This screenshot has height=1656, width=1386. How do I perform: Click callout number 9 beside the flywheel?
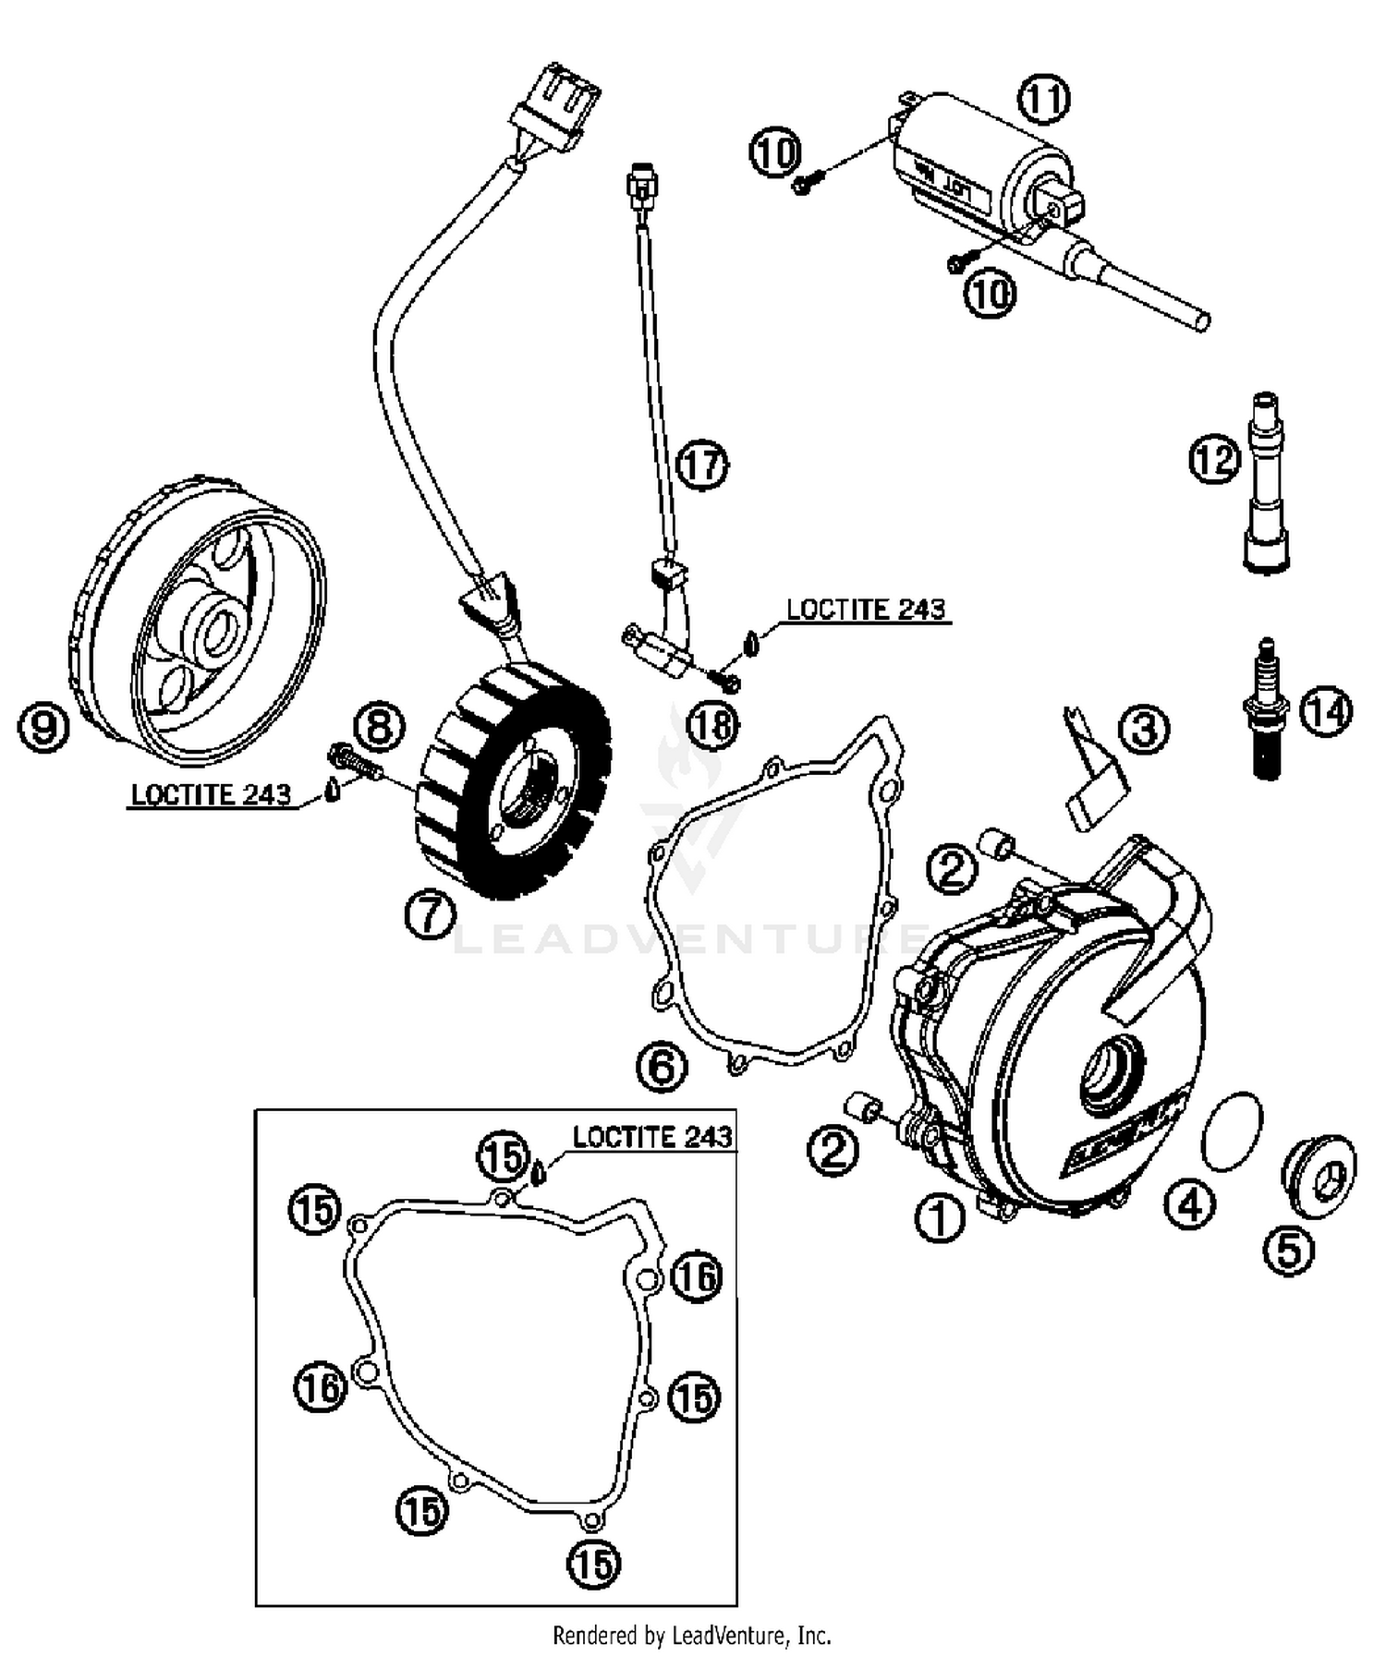pos(44,726)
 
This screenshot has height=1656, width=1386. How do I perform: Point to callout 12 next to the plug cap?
pos(1214,458)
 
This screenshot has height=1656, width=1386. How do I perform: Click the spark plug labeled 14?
pos(1267,711)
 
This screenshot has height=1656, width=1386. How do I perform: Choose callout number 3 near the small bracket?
pos(1143,730)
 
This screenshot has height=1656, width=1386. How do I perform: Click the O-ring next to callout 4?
pos(1233,1131)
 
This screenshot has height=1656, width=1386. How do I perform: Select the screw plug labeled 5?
pos(1319,1176)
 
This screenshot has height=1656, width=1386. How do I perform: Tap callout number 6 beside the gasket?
pos(662,1067)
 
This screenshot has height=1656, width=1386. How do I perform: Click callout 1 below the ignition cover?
pos(939,1217)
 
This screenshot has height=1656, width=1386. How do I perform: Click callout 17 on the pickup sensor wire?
pos(701,465)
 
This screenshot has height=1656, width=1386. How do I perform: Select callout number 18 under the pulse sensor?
pos(713,725)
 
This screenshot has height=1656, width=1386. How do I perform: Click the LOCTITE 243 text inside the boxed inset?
pos(651,1137)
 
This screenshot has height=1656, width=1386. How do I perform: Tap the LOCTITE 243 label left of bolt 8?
pos(211,794)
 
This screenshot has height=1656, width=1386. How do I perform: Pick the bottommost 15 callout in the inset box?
pos(593,1564)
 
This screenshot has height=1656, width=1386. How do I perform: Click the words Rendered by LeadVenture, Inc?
pos(691,1636)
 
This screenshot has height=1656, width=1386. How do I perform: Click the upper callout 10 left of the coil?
pos(774,151)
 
